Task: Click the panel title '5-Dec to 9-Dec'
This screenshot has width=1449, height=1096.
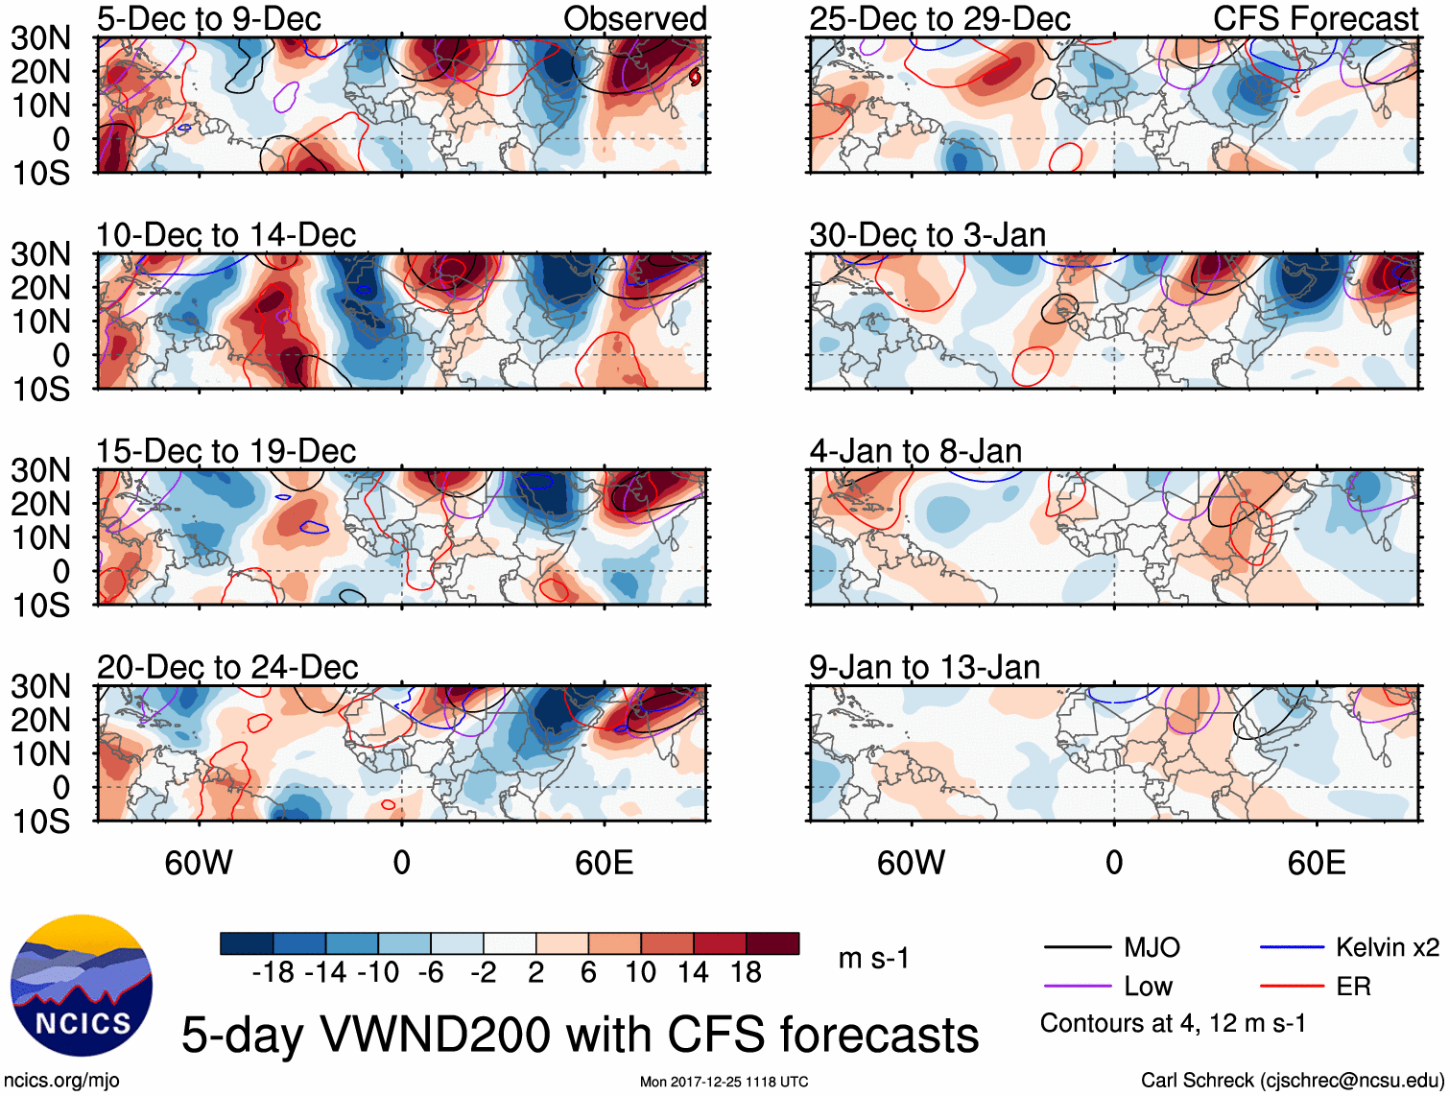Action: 208,18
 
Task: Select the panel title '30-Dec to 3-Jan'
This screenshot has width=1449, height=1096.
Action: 927,235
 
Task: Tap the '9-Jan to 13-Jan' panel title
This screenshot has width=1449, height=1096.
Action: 924,667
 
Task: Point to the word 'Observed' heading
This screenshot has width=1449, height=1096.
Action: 634,18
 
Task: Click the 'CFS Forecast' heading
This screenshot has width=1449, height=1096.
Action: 1315,18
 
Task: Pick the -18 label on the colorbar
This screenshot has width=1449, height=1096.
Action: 273,973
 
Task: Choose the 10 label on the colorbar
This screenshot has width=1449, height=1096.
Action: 640,973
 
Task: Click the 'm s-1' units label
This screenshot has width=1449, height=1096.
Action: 873,958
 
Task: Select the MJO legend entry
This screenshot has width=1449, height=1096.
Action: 1152,948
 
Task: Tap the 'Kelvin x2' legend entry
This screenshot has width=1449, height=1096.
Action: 1387,948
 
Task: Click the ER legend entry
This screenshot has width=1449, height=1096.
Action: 1353,987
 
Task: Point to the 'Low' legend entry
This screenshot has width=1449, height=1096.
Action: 1148,987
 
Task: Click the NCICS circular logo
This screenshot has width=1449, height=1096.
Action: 82,986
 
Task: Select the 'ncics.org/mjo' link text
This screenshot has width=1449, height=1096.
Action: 61,1081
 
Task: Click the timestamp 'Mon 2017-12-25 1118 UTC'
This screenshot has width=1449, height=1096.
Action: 724,1083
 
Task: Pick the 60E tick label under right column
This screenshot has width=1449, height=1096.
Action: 1316,864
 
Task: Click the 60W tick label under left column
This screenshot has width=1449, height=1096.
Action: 199,864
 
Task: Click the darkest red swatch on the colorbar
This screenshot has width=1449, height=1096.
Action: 772,943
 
